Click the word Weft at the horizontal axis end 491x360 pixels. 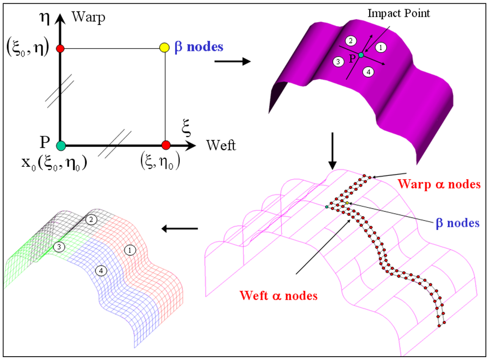(221, 145)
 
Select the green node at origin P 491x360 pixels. (60, 145)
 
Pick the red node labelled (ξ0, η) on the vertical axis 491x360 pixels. (60, 48)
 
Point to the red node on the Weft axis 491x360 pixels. (166, 145)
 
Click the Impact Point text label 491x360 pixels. (398, 13)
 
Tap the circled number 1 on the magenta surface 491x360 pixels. (380, 47)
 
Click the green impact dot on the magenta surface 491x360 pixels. (361, 55)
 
